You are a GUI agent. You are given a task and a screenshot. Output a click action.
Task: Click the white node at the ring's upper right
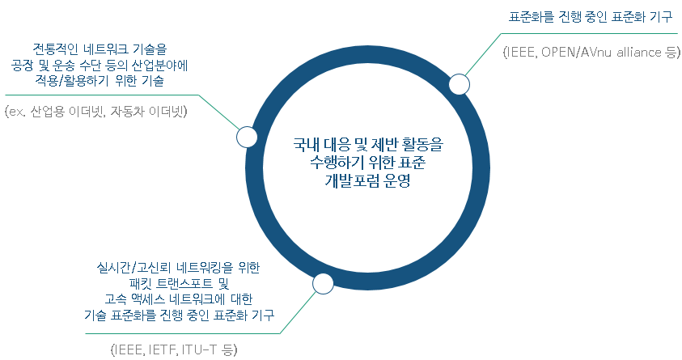point(459,84)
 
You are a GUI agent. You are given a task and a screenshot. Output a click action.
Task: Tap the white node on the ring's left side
point(247,137)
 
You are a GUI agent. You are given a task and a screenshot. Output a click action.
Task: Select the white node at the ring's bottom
point(323,283)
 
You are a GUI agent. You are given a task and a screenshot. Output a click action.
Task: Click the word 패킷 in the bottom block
point(141,283)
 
